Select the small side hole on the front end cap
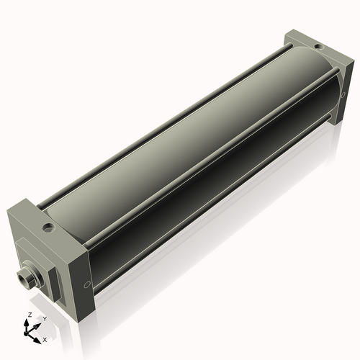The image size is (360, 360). (87, 284)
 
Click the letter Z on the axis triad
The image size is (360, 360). (29, 315)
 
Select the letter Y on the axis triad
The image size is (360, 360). (45, 318)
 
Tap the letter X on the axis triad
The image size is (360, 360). (45, 338)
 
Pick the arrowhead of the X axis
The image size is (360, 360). (39, 336)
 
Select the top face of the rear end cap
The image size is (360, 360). (310, 43)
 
